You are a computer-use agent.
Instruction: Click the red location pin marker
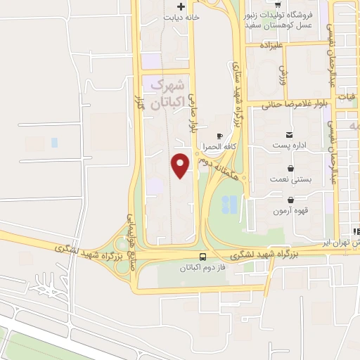coord(181,165)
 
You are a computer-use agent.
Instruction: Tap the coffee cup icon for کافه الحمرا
coord(219,136)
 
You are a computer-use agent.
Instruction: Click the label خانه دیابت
coord(182,17)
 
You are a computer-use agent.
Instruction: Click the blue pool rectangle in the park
coord(229,205)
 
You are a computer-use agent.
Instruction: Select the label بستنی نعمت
coord(288,180)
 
